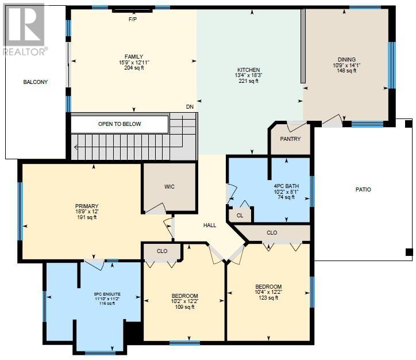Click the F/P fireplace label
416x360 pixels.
click(133, 20)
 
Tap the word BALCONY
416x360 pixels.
click(35, 82)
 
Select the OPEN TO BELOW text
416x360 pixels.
click(120, 124)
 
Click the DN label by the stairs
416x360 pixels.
click(190, 107)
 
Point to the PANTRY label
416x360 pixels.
click(290, 139)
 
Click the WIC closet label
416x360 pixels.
click(170, 187)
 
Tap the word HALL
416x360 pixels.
click(210, 225)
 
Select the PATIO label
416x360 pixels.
click(363, 190)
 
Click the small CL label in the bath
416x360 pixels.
click(240, 215)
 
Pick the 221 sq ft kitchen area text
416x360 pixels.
click(249, 81)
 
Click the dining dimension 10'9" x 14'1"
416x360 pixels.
click(346, 65)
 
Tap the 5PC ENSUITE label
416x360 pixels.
click(107, 294)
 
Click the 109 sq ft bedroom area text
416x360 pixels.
click(184, 307)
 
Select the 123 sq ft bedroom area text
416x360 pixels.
click(268, 298)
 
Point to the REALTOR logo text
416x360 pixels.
click(25, 52)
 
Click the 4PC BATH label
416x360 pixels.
click(286, 186)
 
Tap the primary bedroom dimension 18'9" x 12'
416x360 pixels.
click(87, 212)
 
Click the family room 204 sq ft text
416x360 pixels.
click(134, 68)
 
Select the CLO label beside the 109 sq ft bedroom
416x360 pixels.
click(162, 251)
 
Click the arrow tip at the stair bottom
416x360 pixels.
click(75, 147)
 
